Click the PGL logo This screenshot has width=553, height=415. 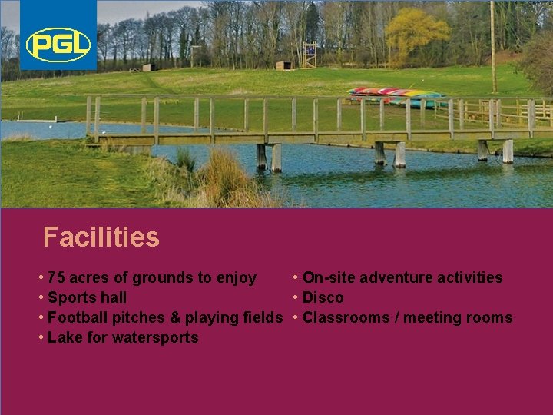point(58,45)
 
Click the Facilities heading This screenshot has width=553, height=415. point(101,237)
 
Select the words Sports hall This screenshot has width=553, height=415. point(87,297)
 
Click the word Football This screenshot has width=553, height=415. point(78,317)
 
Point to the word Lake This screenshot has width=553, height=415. point(64,337)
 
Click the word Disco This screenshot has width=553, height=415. point(323,297)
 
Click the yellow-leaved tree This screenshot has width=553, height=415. point(415,35)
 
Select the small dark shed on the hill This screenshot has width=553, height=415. point(283,65)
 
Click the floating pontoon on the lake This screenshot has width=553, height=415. point(38,120)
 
